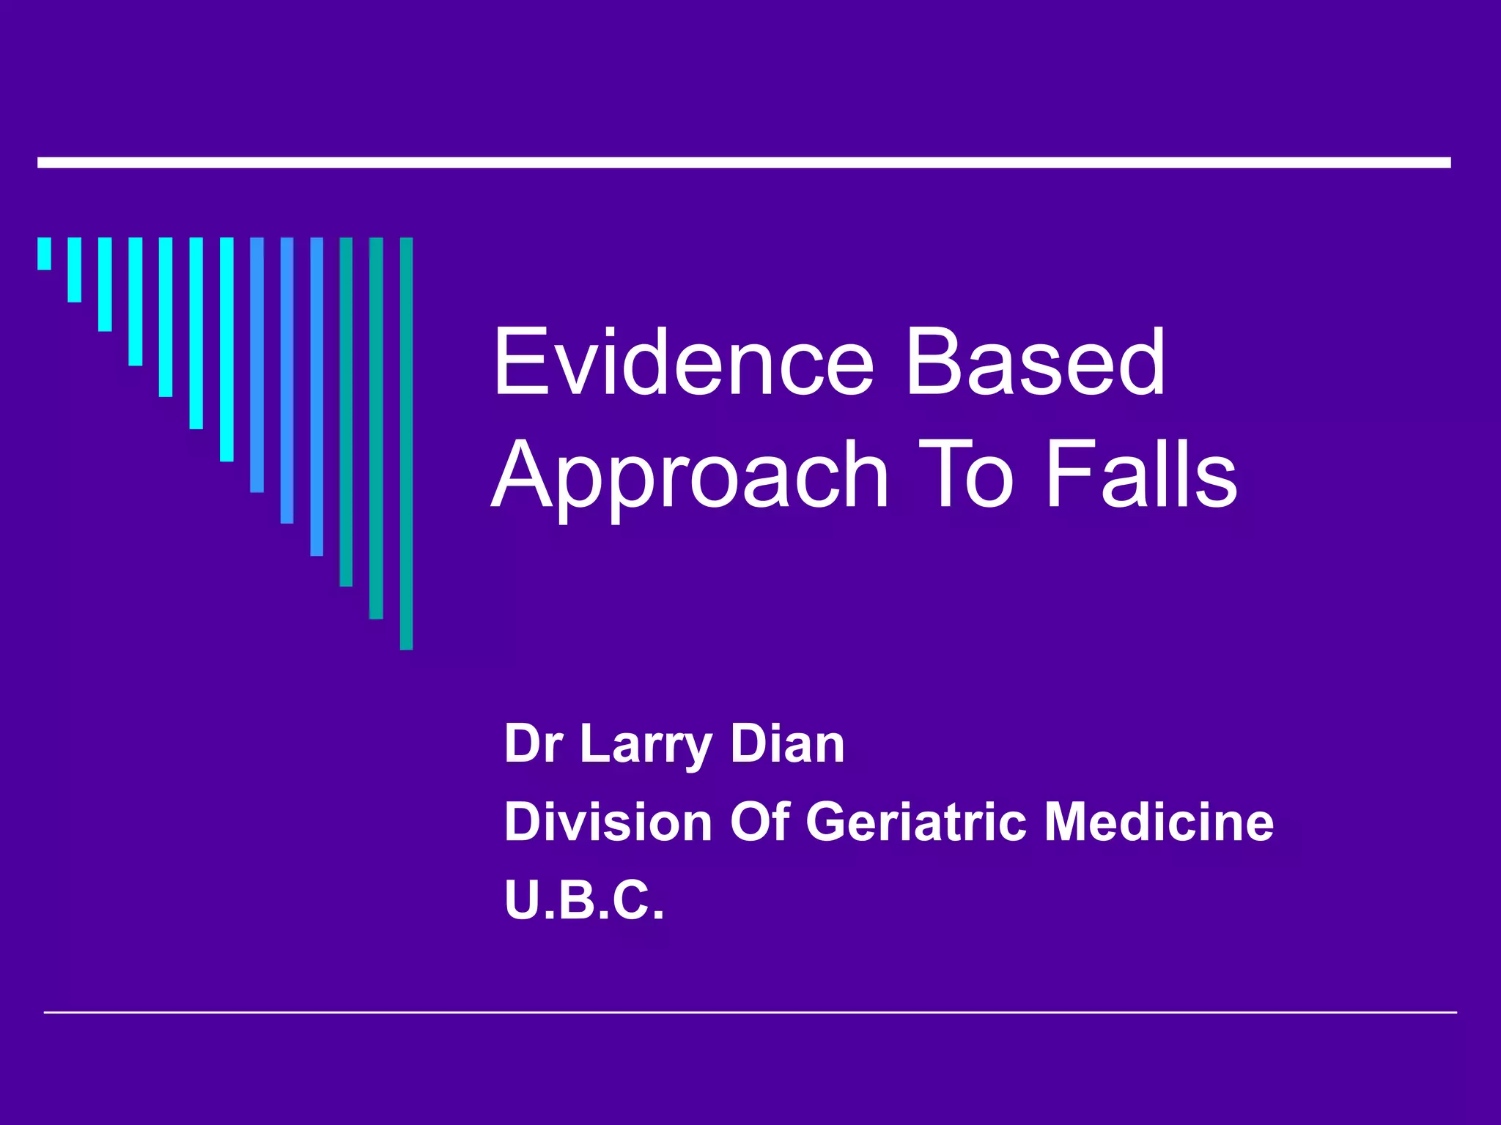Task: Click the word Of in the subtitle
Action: [x=759, y=822]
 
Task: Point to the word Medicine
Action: [x=1159, y=822]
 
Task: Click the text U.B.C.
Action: [x=584, y=900]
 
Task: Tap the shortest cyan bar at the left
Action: [x=45, y=253]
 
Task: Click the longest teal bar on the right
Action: [x=406, y=443]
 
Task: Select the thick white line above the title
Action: [x=744, y=163]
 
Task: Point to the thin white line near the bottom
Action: [x=750, y=1012]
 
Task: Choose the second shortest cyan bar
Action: [x=75, y=270]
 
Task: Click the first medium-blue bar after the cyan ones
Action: [x=257, y=364]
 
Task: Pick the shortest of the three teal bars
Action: [x=346, y=412]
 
